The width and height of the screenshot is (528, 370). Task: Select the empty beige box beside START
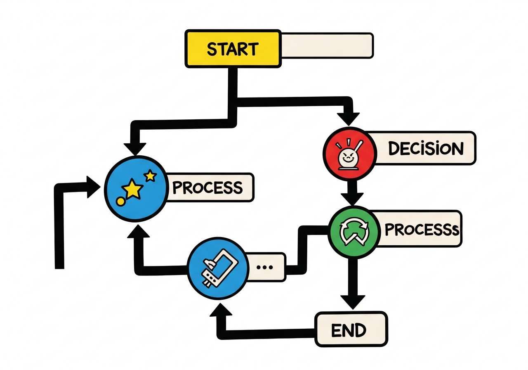coord(327,45)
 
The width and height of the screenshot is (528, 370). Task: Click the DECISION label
coord(425,148)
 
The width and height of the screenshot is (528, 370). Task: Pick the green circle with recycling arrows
coord(354,231)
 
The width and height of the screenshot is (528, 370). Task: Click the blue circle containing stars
coord(135,188)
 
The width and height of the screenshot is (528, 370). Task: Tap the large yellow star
coord(133,190)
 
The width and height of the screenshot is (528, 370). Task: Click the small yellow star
coord(151,176)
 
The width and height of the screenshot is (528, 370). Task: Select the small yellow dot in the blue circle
coord(120,201)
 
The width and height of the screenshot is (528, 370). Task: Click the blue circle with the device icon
coord(214,267)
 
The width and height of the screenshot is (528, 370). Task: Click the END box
coord(351,330)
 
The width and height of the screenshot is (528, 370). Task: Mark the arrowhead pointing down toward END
coord(352,301)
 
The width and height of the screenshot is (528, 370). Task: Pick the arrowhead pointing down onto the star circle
coord(135,148)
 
